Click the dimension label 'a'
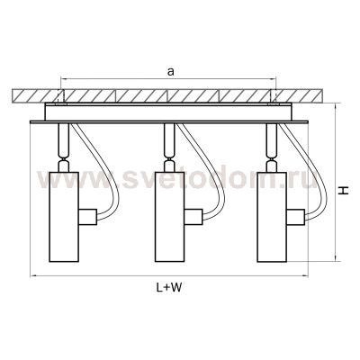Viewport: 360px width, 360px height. (171, 72)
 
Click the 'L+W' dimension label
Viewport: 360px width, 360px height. (169, 288)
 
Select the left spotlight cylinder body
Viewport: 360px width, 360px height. (64, 217)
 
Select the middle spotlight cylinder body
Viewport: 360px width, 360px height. (170, 217)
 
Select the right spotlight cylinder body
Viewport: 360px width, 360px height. (272, 217)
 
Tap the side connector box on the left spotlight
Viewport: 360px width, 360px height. (87, 217)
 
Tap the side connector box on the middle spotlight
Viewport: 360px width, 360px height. (193, 217)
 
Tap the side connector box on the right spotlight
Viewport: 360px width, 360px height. (296, 217)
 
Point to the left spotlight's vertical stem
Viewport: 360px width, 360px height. (64, 138)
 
